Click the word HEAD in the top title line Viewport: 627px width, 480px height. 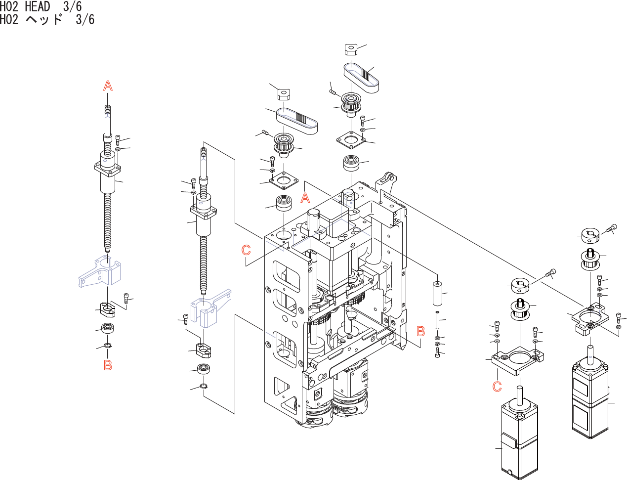(38, 6)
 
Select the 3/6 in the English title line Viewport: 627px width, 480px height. (72, 6)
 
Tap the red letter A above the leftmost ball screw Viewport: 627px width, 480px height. (108, 86)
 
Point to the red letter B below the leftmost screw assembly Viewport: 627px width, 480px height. (108, 365)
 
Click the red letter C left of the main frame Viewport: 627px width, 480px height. (246, 250)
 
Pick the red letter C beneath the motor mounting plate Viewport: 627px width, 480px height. (497, 386)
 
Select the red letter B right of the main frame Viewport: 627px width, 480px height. (420, 331)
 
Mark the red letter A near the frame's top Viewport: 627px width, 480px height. (305, 198)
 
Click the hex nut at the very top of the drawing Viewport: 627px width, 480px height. (351, 49)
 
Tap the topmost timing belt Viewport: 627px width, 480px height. (361, 78)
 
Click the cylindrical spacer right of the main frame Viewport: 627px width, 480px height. (437, 294)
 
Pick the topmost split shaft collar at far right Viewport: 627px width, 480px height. (590, 236)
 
